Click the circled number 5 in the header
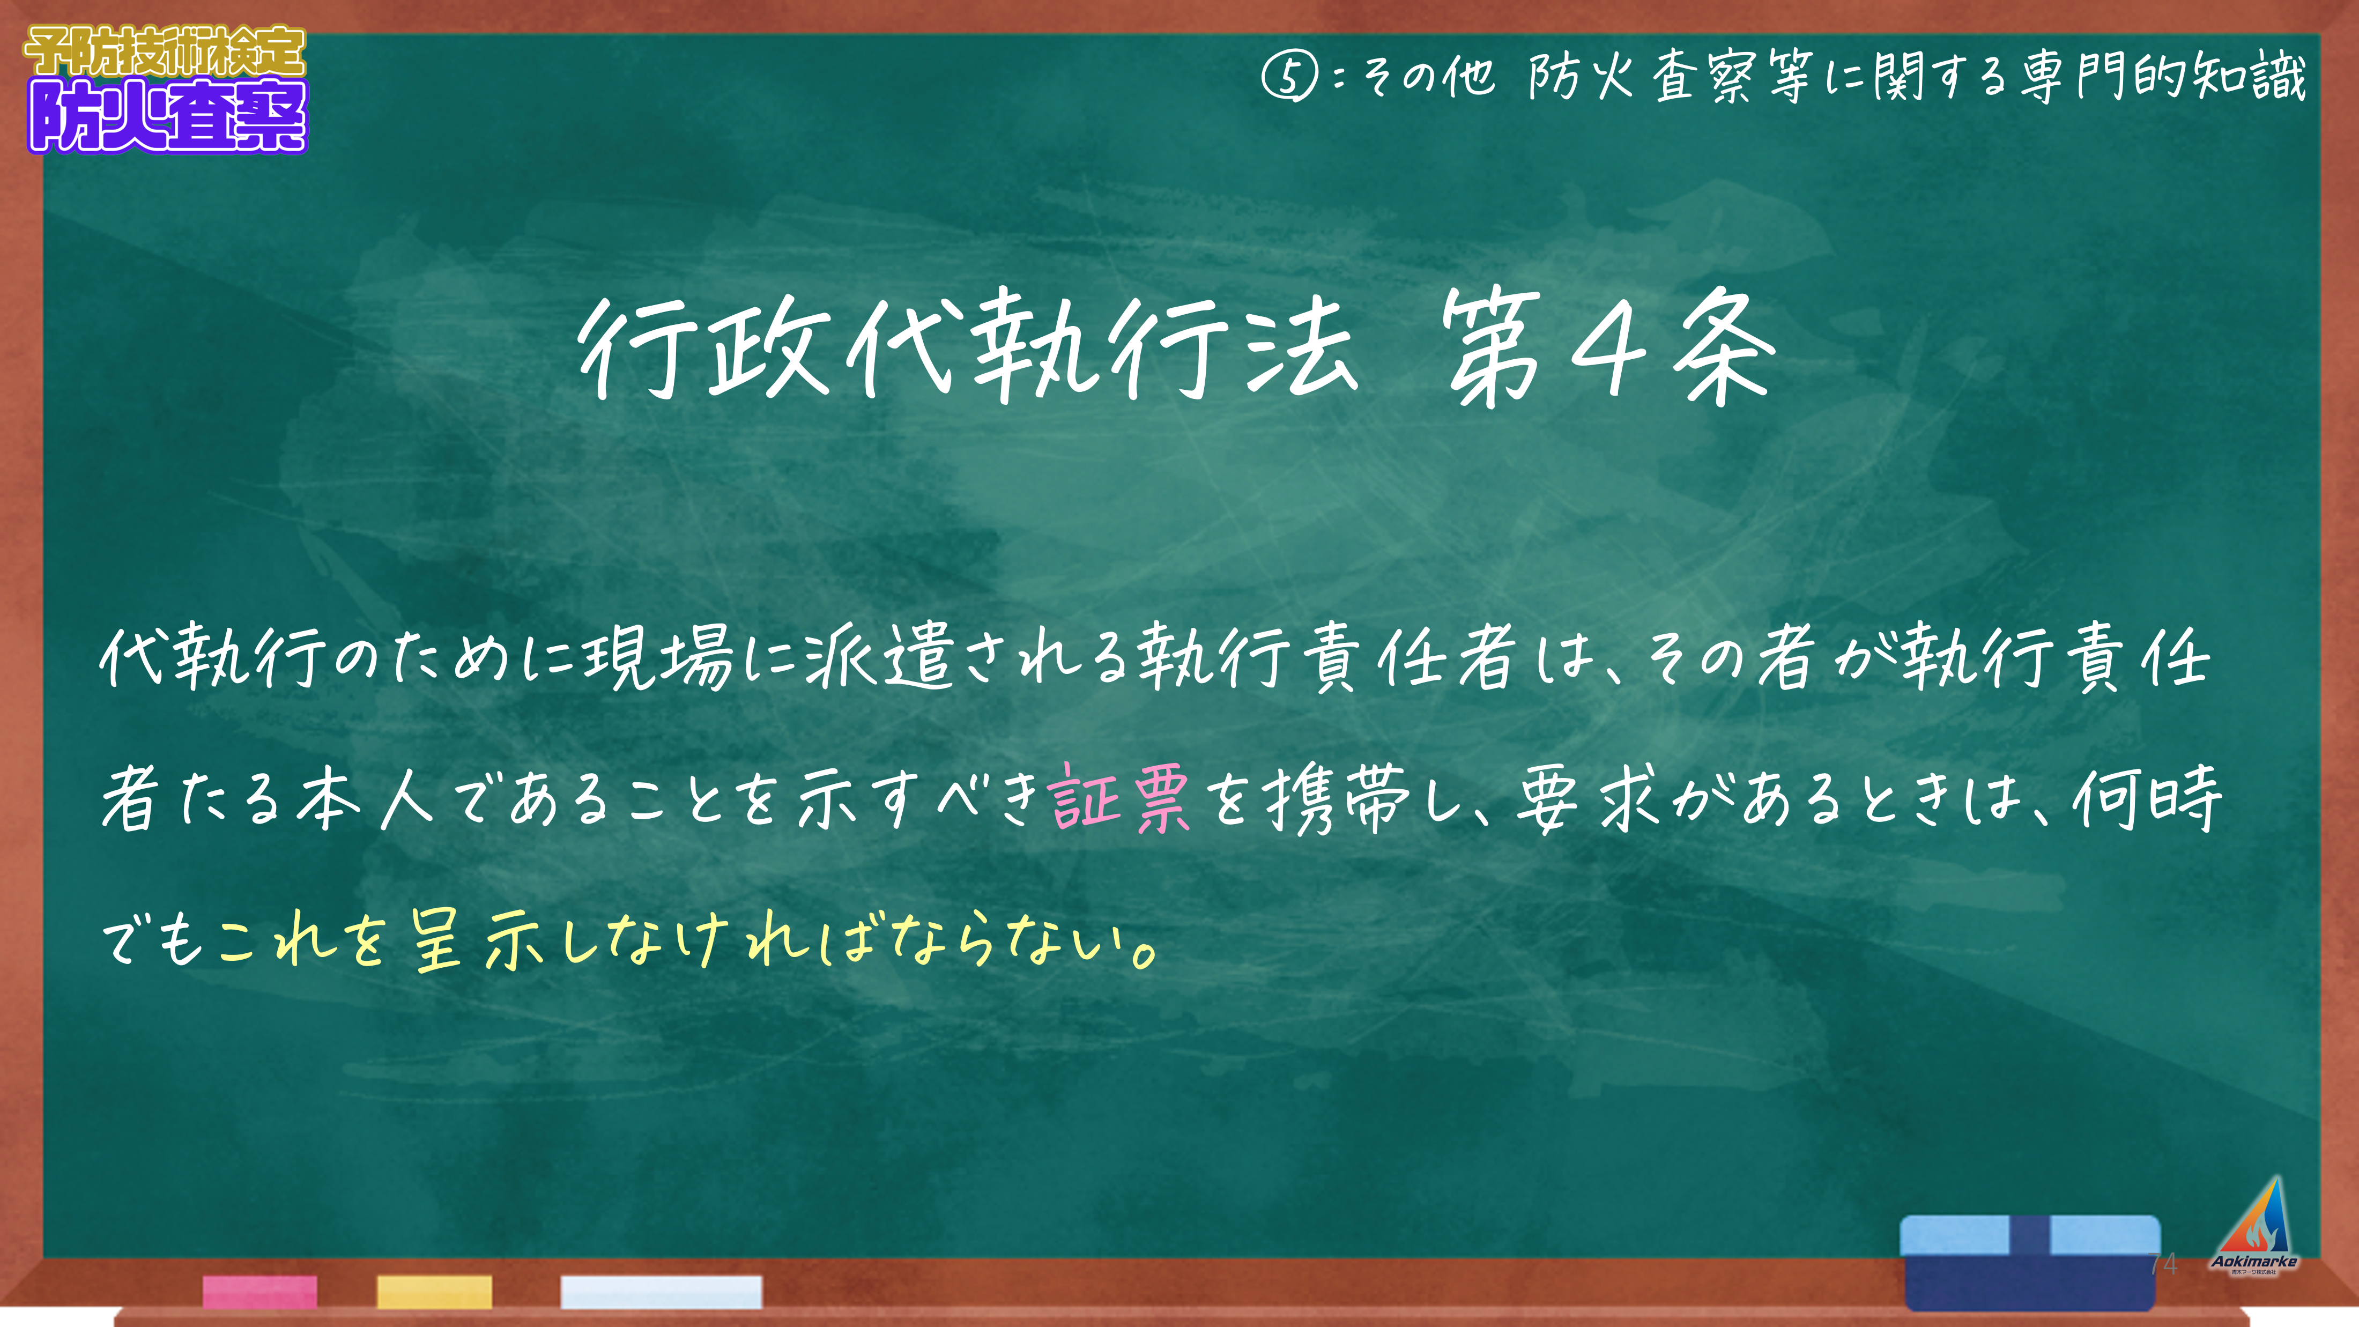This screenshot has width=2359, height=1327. pyautogui.click(x=1289, y=77)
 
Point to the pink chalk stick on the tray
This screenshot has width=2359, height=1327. pyautogui.click(x=260, y=1291)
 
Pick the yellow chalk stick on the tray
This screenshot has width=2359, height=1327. pyautogui.click(x=434, y=1291)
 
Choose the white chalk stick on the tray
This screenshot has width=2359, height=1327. pyautogui.click(x=661, y=1291)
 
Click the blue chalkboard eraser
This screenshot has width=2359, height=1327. pyautogui.click(x=2030, y=1262)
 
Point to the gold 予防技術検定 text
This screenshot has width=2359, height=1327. pyautogui.click(x=165, y=51)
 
